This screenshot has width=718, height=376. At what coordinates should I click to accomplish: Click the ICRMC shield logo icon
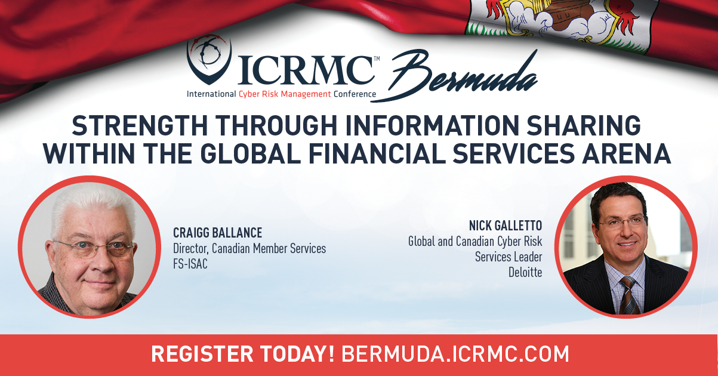click(x=209, y=59)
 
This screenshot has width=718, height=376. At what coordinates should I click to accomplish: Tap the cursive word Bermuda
click(x=455, y=76)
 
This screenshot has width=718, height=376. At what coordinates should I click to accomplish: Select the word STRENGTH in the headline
click(x=140, y=125)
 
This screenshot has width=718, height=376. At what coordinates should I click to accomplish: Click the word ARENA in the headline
click(x=627, y=153)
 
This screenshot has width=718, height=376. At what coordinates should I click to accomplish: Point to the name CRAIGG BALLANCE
click(x=218, y=233)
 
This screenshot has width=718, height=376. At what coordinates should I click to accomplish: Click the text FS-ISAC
click(x=190, y=264)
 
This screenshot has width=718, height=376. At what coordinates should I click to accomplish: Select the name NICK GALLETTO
click(x=506, y=226)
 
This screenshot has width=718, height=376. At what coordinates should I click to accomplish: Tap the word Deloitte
click(x=525, y=272)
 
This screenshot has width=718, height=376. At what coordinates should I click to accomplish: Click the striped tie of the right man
click(x=629, y=295)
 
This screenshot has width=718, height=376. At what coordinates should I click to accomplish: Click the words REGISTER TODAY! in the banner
click(x=243, y=354)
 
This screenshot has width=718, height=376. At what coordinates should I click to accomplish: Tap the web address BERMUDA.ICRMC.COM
click(x=455, y=354)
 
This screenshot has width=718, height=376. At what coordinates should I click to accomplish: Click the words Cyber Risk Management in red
click(x=285, y=94)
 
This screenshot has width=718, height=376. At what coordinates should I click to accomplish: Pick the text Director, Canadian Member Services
click(x=249, y=248)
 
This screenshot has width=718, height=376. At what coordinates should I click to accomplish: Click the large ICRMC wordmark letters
click(x=306, y=70)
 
